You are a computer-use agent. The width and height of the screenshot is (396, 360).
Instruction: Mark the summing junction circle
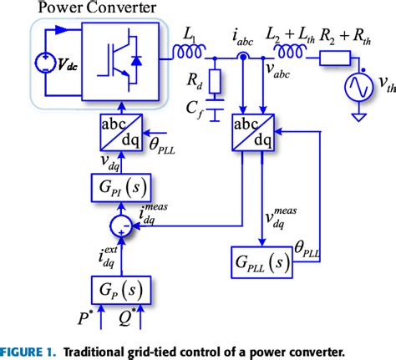(x=119, y=224)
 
